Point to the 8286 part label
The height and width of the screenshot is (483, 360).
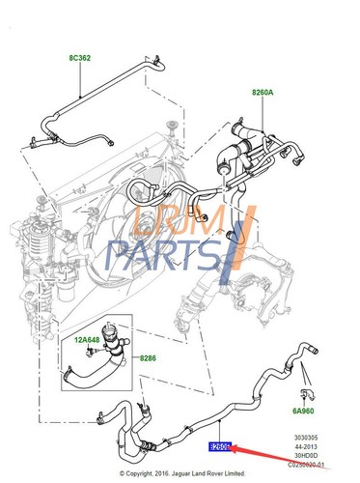(x=149, y=359)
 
